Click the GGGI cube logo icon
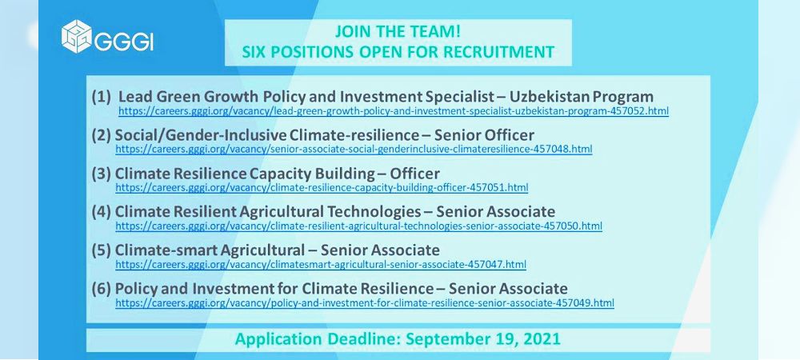(77, 37)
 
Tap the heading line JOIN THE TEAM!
(398, 32)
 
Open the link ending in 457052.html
(394, 110)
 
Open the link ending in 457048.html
(354, 150)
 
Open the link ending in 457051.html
(322, 188)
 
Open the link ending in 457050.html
(358, 226)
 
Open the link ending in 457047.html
(321, 265)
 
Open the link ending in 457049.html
(365, 303)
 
